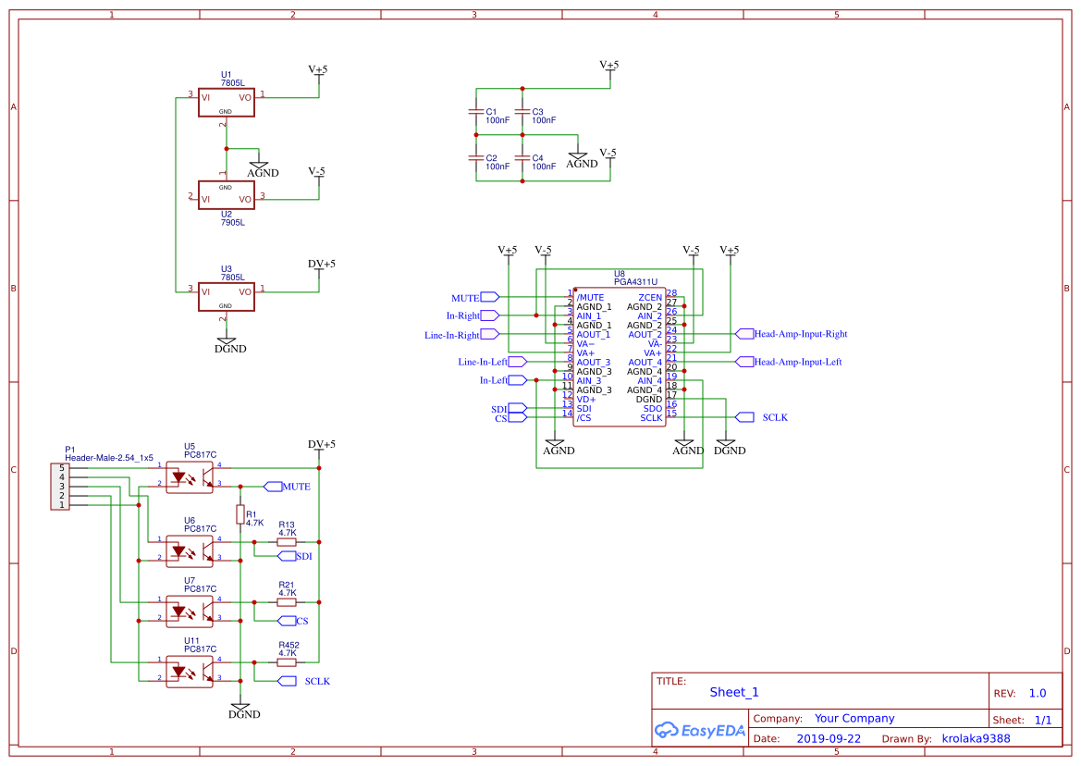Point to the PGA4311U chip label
coord(635,281)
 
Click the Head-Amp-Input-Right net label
coord(800,334)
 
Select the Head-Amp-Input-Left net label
coord(797,362)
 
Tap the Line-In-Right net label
coord(452,335)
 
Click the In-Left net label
coord(493,380)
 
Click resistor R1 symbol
coord(240,514)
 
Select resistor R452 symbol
coord(287,661)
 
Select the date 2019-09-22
coord(828,739)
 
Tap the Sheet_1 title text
coord(734,692)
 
